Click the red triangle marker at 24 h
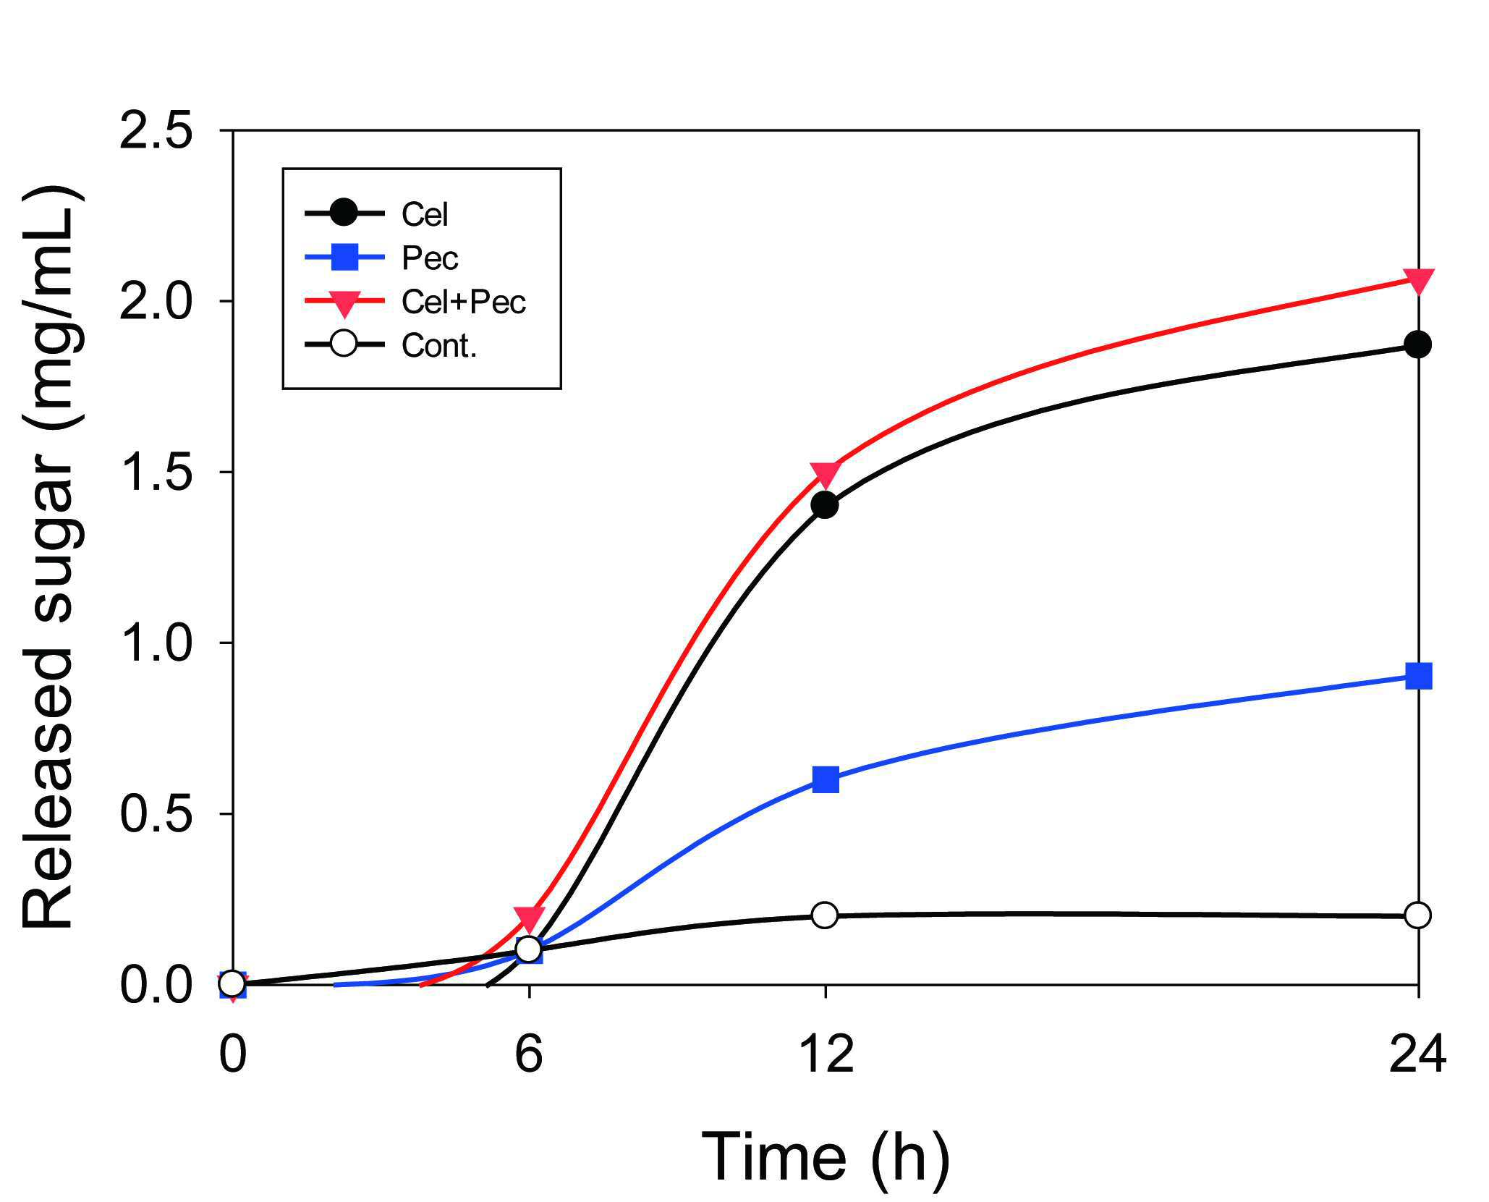pyautogui.click(x=1418, y=281)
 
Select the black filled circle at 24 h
pyautogui.click(x=1418, y=344)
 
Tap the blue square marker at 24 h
pyautogui.click(x=1418, y=677)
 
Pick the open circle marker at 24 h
pyautogui.click(x=1418, y=915)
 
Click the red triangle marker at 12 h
pyautogui.click(x=825, y=474)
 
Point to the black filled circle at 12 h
pyautogui.click(x=825, y=505)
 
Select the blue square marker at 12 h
pyautogui.click(x=825, y=779)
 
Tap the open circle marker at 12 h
pyautogui.click(x=825, y=915)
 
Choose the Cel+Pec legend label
pyautogui.click(x=464, y=302)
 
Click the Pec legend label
pyautogui.click(x=430, y=258)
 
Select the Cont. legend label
pyautogui.click(x=439, y=345)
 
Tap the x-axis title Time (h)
pyautogui.click(x=826, y=1156)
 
